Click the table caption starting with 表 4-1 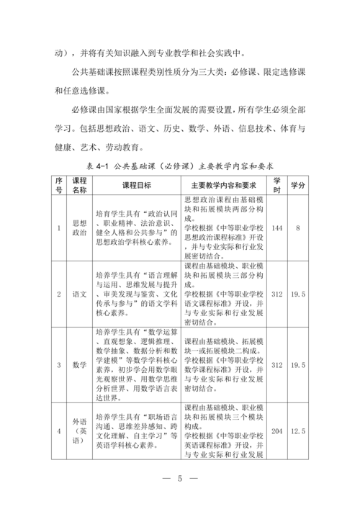click(180, 165)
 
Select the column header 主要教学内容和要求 click(224, 185)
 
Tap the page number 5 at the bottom click(181, 479)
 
